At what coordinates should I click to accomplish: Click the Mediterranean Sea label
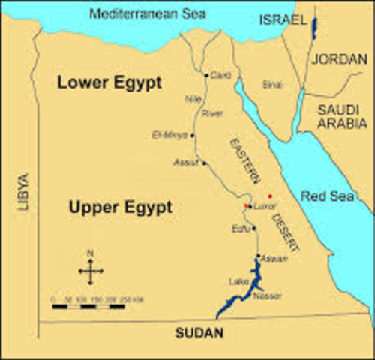click(148, 13)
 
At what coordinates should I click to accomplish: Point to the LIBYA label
click(23, 191)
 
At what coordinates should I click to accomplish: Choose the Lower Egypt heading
click(109, 83)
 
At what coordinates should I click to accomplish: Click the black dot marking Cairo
click(206, 76)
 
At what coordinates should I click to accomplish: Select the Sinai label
click(271, 85)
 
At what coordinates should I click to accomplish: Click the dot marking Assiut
click(203, 163)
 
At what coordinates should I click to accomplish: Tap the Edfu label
click(242, 229)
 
